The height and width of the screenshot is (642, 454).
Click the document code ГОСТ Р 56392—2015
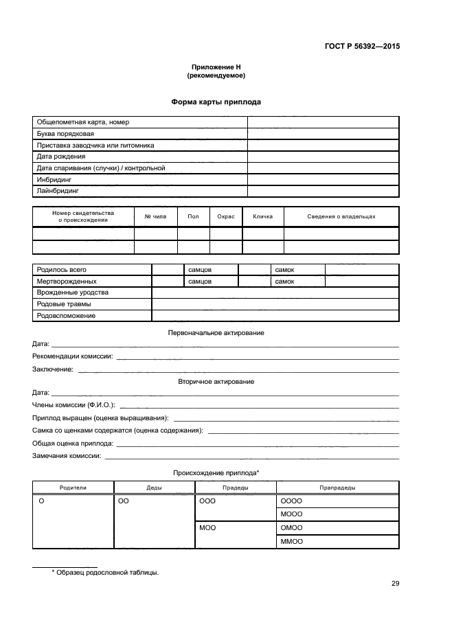coord(361,47)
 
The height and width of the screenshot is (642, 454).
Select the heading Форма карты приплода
coord(216,102)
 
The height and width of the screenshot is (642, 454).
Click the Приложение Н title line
coord(216,67)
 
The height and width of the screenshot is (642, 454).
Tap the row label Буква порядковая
coord(65,133)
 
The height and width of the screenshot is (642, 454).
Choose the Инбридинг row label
coord(54,179)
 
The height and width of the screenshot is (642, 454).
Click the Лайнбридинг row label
coord(58,191)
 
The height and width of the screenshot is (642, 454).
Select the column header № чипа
coord(155,216)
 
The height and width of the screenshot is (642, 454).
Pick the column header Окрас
coord(226,216)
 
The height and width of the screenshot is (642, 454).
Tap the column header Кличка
coord(262,216)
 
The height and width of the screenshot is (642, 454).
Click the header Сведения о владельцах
coord(341,216)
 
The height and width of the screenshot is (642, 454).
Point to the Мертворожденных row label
coord(67,281)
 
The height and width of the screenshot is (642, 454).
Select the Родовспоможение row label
coord(66,316)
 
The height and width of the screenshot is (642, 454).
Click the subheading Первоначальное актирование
coord(216,332)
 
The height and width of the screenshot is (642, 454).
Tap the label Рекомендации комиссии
coord(73,356)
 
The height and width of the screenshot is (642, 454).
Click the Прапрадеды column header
coord(337,487)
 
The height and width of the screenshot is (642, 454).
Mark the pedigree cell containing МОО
coord(207,527)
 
